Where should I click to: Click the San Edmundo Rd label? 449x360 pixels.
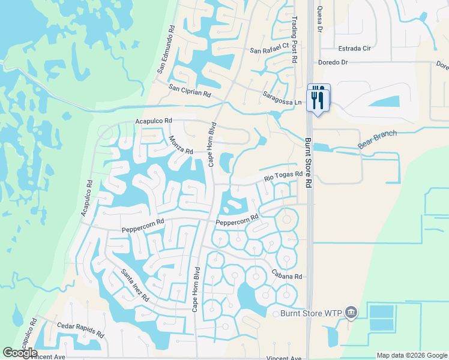166,49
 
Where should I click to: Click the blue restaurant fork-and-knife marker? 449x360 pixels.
319,97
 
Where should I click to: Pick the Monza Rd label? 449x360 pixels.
181,144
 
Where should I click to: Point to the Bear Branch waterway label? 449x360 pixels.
377,139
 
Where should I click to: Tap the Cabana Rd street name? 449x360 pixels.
289,277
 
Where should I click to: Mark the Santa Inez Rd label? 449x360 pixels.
134,284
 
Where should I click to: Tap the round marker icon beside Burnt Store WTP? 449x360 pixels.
352,312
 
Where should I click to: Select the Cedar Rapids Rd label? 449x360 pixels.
81,329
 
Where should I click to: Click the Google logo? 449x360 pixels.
20,353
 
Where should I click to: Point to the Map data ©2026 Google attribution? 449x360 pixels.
411,355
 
